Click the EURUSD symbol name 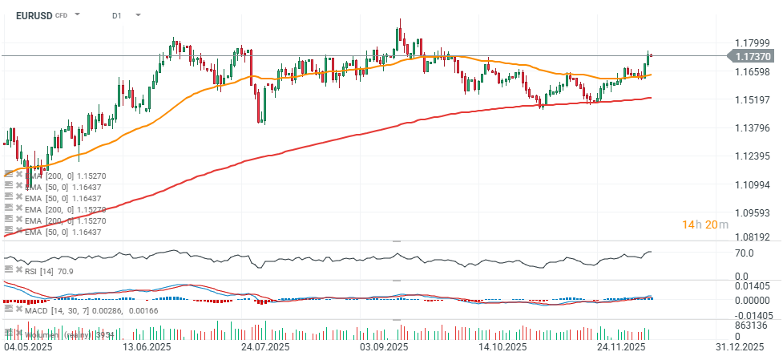click(x=33, y=14)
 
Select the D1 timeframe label click(x=117, y=14)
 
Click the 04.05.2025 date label click(x=29, y=347)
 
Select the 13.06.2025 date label click(x=146, y=347)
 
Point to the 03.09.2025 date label click(x=384, y=347)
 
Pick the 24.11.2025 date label click(x=621, y=347)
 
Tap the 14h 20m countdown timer click(x=705, y=224)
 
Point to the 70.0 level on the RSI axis click(x=745, y=253)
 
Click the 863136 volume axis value click(x=751, y=325)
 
